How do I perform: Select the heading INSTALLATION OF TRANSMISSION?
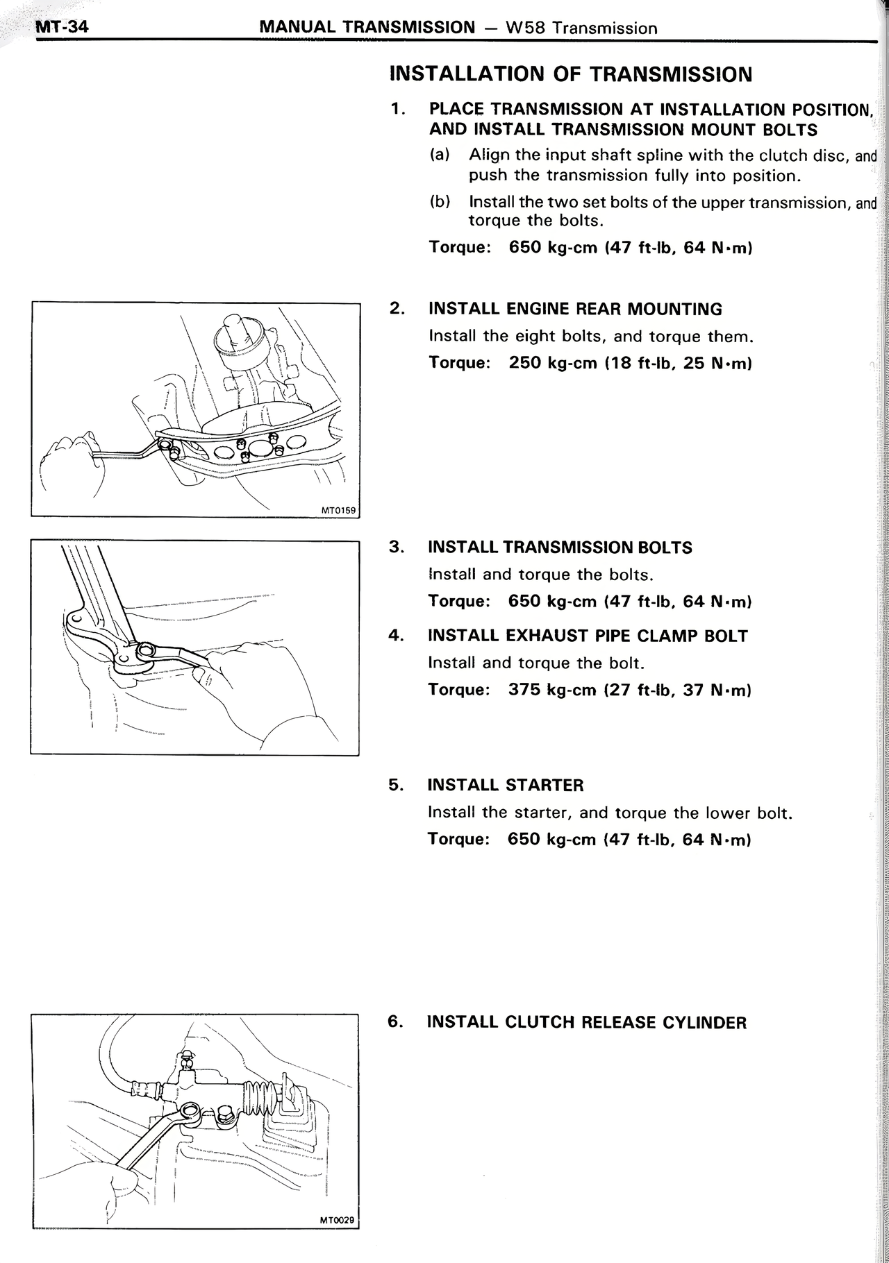tap(571, 74)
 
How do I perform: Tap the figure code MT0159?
tap(338, 511)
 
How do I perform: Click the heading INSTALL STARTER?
tap(506, 786)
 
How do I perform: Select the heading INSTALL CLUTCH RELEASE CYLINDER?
tap(587, 1022)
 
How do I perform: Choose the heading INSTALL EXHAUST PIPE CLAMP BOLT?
tap(588, 636)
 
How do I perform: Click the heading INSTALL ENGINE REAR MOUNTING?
tap(575, 310)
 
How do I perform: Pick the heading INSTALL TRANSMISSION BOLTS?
tap(560, 548)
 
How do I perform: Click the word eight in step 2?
tap(536, 337)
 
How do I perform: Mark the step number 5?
tap(395, 786)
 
